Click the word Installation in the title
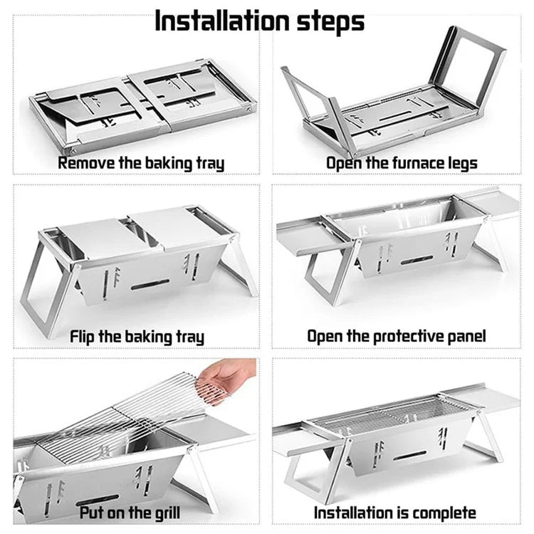pyautogui.click(x=222, y=21)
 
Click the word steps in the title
pyautogui.click(x=330, y=23)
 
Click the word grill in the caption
pyautogui.click(x=167, y=513)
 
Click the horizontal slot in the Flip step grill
pyautogui.click(x=150, y=284)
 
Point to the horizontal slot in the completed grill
pyautogui.click(x=409, y=456)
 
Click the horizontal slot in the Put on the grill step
pyautogui.click(x=98, y=500)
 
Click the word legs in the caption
pyautogui.click(x=464, y=164)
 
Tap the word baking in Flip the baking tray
pyautogui.click(x=150, y=337)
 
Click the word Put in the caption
pyautogui.click(x=91, y=513)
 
